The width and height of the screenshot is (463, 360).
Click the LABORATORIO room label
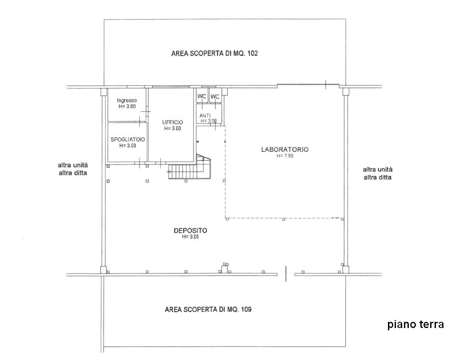pyautogui.click(x=285, y=150)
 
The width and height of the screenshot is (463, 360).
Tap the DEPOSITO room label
pyautogui.click(x=190, y=230)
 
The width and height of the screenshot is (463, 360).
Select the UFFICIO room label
pyautogui.click(x=172, y=122)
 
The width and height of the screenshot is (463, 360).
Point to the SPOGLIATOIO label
pyautogui.click(x=127, y=139)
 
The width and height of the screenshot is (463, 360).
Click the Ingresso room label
pyautogui.click(x=127, y=100)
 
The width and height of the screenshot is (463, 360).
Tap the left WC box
pyautogui.click(x=202, y=96)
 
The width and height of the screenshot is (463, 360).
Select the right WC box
pyautogui.click(x=215, y=96)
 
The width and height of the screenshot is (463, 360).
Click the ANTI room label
pyautogui.click(x=205, y=115)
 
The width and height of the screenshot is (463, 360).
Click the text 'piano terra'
pyautogui.click(x=416, y=324)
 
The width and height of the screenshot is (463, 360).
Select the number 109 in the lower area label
pyautogui.click(x=246, y=309)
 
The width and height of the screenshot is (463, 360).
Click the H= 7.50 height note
pyautogui.click(x=285, y=156)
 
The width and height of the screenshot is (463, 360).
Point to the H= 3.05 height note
pyautogui.click(x=190, y=237)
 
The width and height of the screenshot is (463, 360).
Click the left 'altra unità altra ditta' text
pyautogui.click(x=73, y=169)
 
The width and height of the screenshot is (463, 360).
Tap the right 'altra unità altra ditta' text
pyautogui.click(x=378, y=174)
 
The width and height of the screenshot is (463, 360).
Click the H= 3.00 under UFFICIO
pyautogui.click(x=172, y=128)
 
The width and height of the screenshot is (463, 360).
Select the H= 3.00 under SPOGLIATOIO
pyautogui.click(x=127, y=146)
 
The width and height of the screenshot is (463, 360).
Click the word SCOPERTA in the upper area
pyautogui.click(x=204, y=53)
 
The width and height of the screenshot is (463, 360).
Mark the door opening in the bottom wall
pyautogui.click(x=286, y=274)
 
